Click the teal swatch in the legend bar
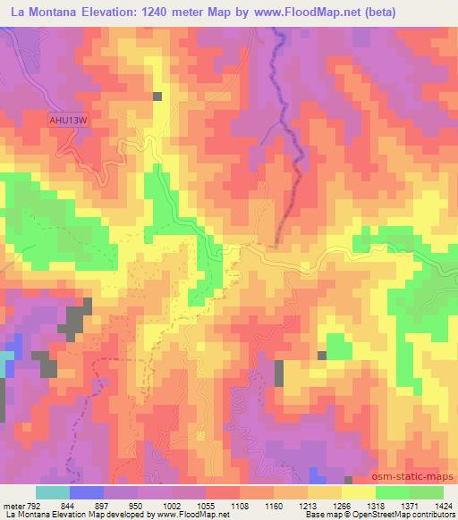click(53, 492)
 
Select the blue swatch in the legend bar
click(87, 492)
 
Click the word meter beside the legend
click(12, 505)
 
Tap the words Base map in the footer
click(318, 516)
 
